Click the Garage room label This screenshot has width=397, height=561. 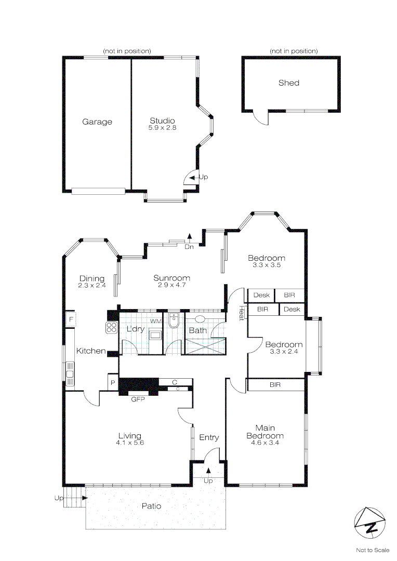[97, 122]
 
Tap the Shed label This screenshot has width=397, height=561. [289, 83]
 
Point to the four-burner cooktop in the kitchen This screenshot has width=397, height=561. [112, 327]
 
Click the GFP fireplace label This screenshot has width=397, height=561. [138, 399]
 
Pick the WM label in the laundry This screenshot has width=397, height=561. [155, 322]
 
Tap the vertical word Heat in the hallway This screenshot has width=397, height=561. [241, 313]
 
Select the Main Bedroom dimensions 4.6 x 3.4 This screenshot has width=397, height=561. [265, 443]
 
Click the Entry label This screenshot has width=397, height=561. [209, 438]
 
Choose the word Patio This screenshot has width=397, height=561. [151, 506]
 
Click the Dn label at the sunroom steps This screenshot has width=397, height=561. [189, 247]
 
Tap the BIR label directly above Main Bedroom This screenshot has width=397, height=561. [275, 385]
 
